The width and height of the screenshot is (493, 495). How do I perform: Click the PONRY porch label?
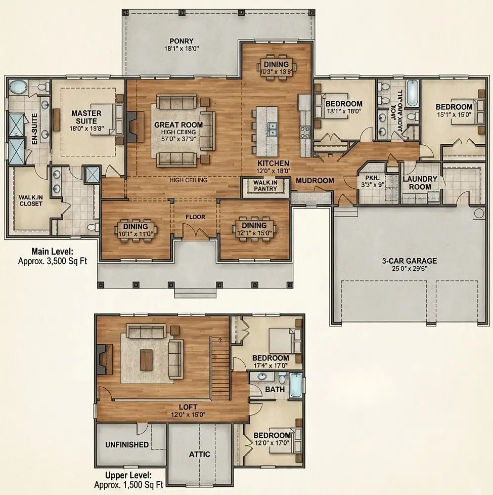point(182,41)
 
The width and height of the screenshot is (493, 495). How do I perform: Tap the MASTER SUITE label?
point(86,117)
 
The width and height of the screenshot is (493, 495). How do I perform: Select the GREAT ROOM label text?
point(178,125)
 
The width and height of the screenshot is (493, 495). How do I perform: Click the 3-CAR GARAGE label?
point(409,261)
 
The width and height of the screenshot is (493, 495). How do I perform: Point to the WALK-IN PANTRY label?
point(265,185)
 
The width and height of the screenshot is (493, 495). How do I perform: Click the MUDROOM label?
point(315,180)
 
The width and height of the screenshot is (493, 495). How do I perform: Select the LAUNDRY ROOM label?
point(420,183)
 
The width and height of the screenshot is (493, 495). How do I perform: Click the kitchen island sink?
point(272,129)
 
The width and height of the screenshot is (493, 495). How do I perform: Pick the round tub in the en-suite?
point(20,88)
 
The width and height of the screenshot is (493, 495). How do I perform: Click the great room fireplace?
point(131,126)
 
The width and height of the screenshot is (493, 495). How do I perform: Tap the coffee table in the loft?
point(146,359)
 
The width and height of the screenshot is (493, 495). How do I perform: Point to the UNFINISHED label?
point(127,444)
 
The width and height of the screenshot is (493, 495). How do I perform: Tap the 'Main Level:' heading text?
point(53,252)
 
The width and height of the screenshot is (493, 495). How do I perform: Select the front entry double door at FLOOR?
point(195,233)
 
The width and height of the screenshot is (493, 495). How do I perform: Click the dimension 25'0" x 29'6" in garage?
point(409,269)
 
